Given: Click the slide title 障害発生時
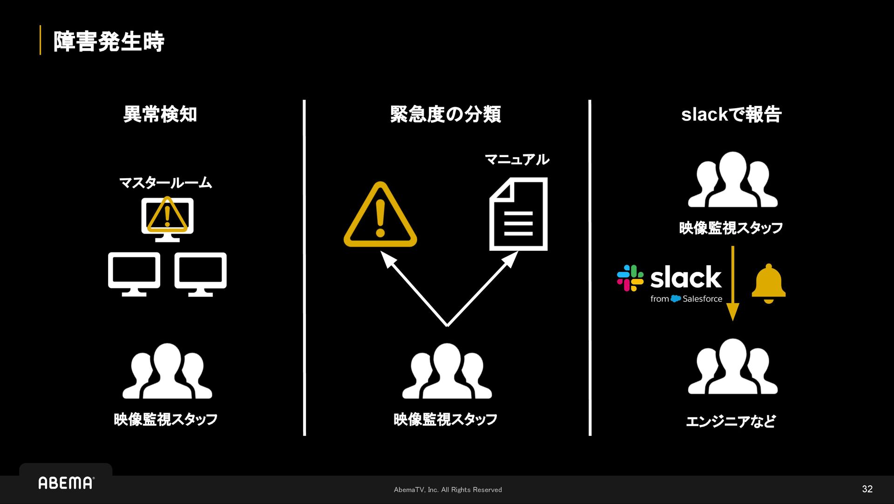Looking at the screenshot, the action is click(108, 41).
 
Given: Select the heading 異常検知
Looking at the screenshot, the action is click(160, 114).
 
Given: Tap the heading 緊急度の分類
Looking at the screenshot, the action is click(446, 114).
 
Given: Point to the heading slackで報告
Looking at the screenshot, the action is click(731, 114).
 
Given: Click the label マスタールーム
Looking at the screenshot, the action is click(166, 182).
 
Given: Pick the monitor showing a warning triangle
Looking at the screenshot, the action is click(167, 218).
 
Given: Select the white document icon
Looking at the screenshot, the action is click(518, 214).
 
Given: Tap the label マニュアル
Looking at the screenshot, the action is click(517, 159).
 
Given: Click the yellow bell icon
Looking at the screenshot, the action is click(768, 283).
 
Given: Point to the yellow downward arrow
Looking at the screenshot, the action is click(732, 284).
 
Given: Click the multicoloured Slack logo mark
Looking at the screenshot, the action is click(630, 278).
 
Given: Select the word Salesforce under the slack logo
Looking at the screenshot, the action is click(702, 299).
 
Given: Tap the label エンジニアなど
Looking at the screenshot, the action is click(731, 421).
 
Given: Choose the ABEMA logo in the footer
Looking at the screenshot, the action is click(66, 483).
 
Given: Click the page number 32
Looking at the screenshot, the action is click(867, 489).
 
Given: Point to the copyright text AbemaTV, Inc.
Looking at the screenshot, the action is click(447, 490).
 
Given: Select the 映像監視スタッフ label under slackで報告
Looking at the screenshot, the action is click(731, 228).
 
